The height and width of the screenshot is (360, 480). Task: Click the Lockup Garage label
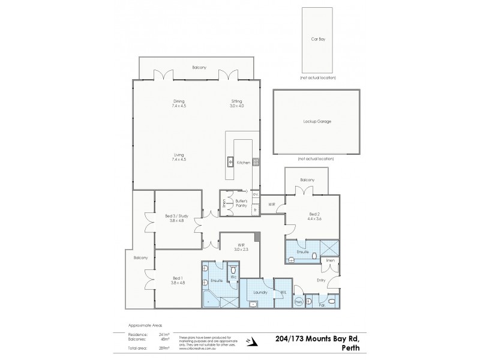tap(317, 121)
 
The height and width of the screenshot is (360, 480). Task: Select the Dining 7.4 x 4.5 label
tap(179, 103)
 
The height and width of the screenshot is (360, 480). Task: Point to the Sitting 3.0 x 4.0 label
tap(237, 103)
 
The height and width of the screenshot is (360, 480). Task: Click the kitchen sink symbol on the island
tap(230, 161)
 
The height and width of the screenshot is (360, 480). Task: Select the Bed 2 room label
tap(315, 216)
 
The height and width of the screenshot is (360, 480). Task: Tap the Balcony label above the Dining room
tap(199, 67)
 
